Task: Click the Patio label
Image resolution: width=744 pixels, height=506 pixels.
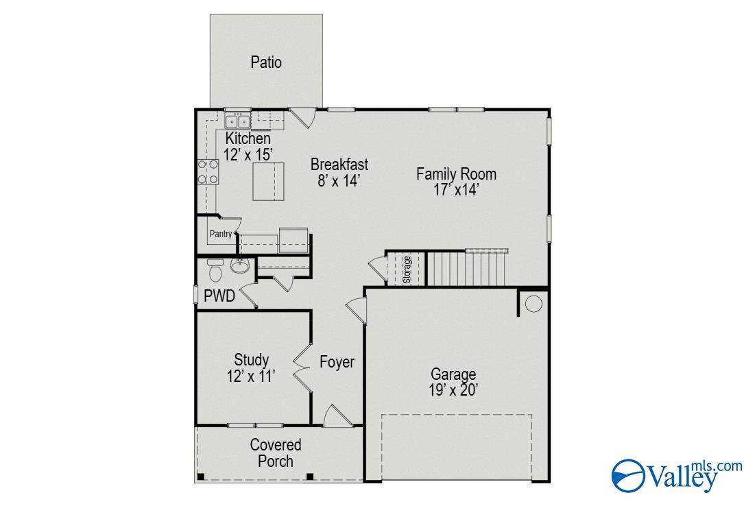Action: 266,62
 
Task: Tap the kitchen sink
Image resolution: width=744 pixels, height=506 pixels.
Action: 237,121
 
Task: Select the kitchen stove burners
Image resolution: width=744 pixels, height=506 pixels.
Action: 208,171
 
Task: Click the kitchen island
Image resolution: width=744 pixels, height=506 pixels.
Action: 268,182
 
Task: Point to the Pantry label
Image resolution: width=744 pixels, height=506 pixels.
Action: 221,234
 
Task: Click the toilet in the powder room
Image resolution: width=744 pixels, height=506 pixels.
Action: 215,269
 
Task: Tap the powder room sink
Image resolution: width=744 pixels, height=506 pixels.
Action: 240,265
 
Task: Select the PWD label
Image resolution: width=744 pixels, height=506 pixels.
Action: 219,296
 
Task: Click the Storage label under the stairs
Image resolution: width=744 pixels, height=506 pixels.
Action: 407,269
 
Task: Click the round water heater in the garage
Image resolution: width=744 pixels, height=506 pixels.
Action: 533,304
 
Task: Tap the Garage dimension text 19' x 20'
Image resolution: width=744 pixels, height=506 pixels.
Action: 453,390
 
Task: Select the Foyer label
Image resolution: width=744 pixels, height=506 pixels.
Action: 337,362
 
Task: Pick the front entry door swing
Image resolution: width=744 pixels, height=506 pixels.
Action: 337,416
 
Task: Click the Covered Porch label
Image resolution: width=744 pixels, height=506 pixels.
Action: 276,453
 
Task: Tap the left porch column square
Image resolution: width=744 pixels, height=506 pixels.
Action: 201,476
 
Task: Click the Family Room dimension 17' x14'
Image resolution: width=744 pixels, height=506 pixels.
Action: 455,190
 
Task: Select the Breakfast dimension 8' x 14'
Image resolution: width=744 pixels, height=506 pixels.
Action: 339,181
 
